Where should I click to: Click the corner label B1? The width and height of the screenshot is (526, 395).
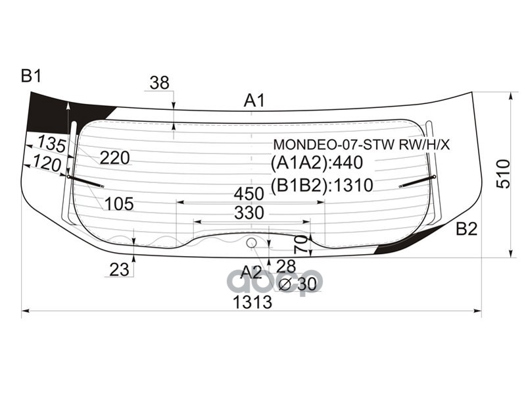31,76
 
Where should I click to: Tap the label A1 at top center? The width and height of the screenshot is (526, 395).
254,101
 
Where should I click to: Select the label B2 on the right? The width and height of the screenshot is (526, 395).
466,229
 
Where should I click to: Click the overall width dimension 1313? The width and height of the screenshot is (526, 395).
252,302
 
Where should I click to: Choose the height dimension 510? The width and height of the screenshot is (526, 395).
503,174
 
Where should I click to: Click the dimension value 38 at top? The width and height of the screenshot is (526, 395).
159,83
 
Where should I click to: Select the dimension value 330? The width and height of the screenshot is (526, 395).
249,213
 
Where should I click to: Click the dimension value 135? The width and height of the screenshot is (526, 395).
51,143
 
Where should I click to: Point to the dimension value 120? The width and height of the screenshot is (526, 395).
46,164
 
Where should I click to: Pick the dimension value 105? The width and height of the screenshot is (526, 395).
119,204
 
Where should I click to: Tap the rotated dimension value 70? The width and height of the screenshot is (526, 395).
300,245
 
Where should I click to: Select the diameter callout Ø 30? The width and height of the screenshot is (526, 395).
297,284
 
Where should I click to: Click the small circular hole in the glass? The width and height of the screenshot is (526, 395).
251,243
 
